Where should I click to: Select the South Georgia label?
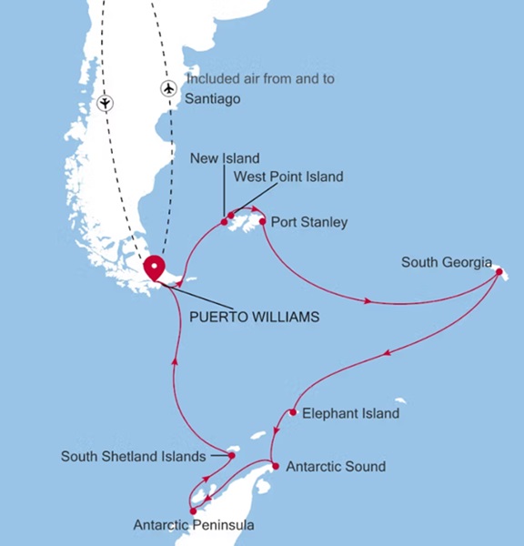[x=444, y=263]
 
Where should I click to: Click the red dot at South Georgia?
[x=499, y=271]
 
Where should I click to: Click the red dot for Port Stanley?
[x=262, y=221]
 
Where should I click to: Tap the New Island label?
[x=225, y=158]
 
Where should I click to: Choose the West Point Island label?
[x=288, y=177]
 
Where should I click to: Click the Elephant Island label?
[x=350, y=413]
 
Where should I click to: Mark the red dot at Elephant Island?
[x=293, y=412]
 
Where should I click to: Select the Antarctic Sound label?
[x=336, y=467]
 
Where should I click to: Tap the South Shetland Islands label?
[x=133, y=456]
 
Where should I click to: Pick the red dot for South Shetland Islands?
[x=232, y=454]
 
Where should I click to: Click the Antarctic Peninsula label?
[x=194, y=525]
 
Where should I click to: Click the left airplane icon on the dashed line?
[x=106, y=102]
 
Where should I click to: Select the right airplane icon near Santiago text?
[x=168, y=88]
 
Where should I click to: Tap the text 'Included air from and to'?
[x=259, y=78]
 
